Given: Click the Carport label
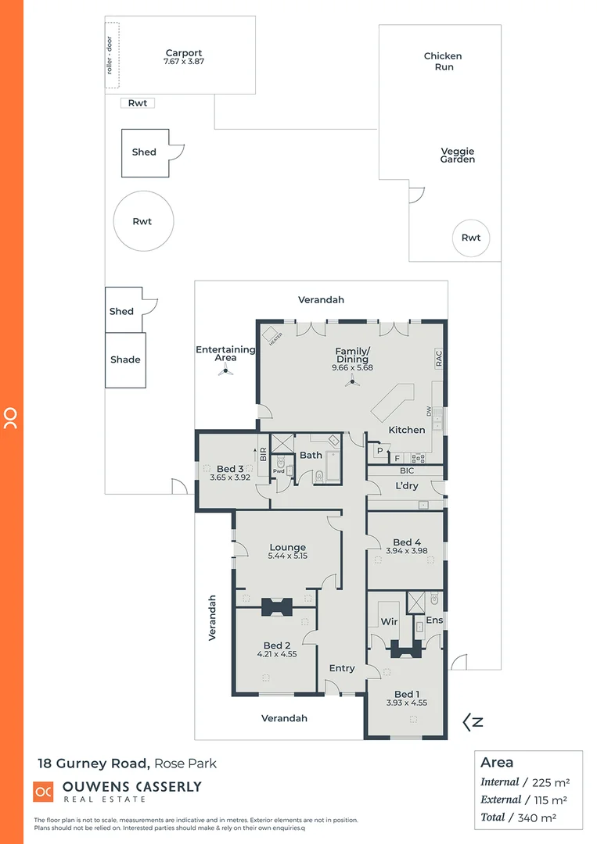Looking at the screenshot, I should point(183,53).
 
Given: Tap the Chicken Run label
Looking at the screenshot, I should point(443,61).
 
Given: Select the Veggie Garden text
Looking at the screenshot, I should point(458,155).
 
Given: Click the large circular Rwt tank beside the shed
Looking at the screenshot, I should point(142,221).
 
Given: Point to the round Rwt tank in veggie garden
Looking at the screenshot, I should point(471,238).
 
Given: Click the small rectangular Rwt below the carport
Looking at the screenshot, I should point(138,103).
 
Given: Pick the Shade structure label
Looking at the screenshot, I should point(125,359).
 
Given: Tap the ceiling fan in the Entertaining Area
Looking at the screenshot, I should point(225,372).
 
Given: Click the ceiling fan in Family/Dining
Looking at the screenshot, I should point(353,381).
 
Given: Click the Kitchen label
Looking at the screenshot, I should point(407,430).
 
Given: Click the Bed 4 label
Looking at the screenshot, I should point(407,542).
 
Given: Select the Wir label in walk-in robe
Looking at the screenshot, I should point(389,622).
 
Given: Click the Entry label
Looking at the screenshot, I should point(342,668).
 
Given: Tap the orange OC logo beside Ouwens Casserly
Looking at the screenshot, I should point(43,791).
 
